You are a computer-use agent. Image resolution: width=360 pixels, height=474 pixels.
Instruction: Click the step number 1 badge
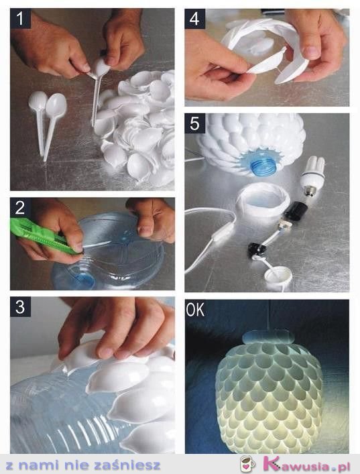tap(20, 19)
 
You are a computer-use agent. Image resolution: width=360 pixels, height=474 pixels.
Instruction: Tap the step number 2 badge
tap(20, 208)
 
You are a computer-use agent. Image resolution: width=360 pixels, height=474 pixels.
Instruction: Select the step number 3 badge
tap(20, 307)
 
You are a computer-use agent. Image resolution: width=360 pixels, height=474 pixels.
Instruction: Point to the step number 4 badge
tap(194, 19)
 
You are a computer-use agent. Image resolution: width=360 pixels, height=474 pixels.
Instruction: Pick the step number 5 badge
tap(194, 123)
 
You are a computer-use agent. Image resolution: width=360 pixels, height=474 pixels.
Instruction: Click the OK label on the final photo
tap(195, 310)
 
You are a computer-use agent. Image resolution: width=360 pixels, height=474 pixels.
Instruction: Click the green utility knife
tap(42, 236)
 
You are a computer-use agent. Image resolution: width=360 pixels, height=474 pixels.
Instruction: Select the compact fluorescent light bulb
tap(312, 176)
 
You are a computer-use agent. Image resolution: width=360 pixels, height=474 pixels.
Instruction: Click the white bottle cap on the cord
tap(278, 276)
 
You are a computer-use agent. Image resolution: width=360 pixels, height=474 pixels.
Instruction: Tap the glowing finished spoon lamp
tap(268, 393)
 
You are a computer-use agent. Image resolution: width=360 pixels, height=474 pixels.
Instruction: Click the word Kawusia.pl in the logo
tap(307, 465)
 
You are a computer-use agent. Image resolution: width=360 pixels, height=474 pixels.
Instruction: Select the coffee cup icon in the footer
tap(247, 464)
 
